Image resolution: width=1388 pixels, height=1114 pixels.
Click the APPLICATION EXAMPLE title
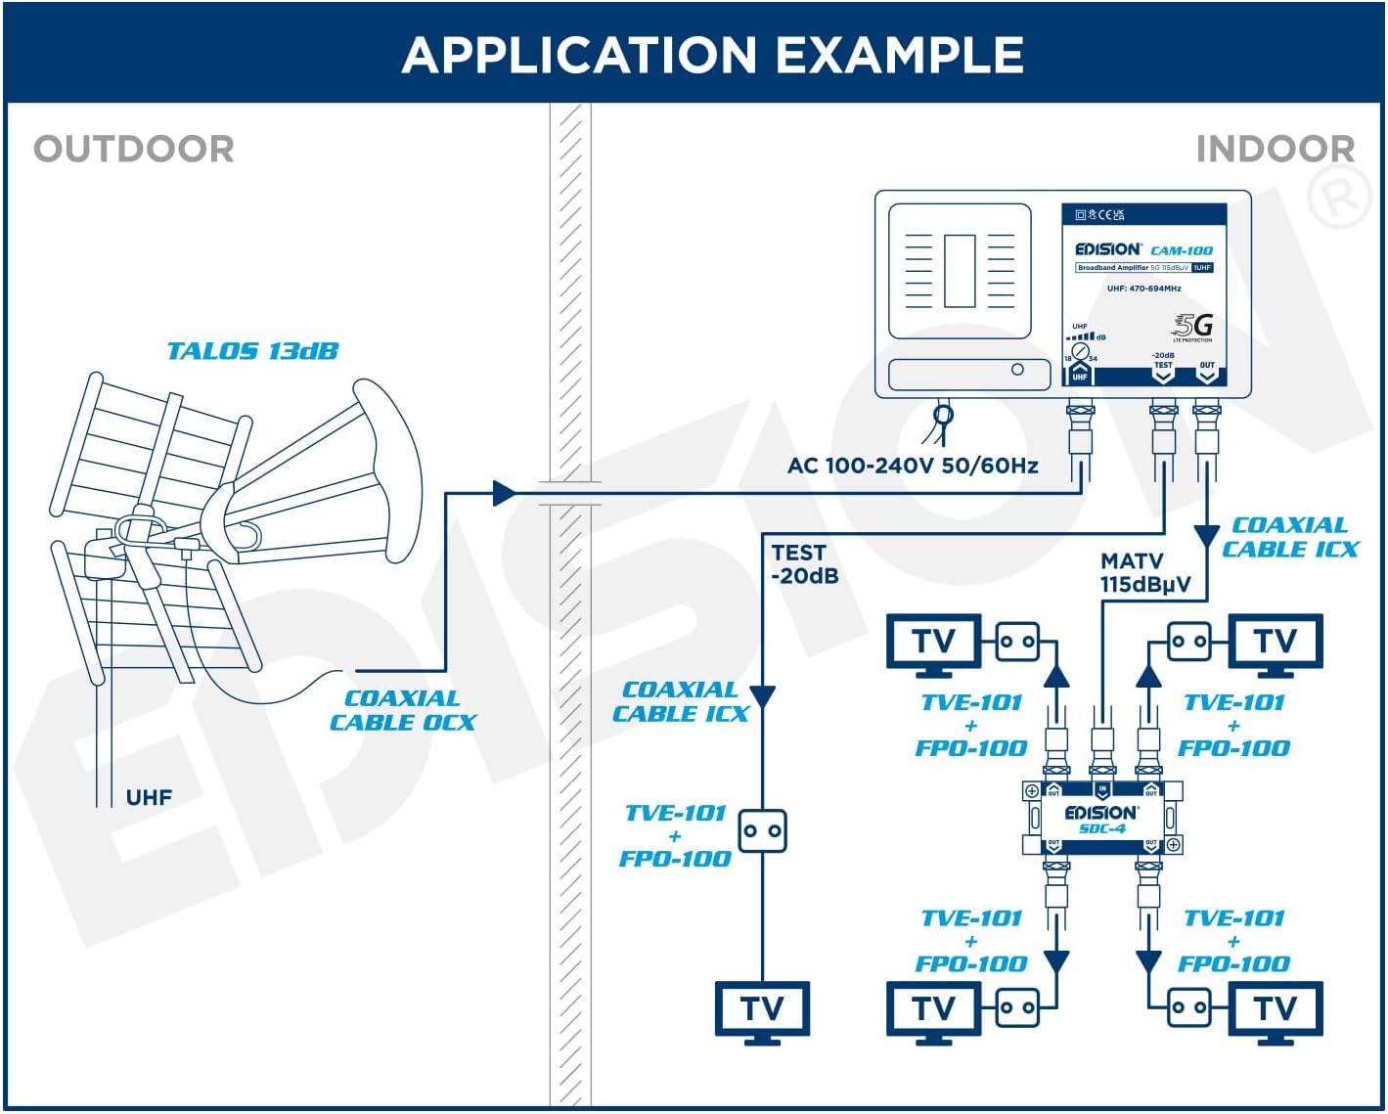coord(712,55)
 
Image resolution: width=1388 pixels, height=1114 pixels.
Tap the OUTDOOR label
coord(134,150)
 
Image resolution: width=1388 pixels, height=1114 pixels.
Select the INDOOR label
coord(1275,150)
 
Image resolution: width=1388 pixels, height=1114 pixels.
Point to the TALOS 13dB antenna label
coord(252,351)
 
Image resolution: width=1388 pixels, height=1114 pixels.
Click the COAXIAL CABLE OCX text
coord(402,710)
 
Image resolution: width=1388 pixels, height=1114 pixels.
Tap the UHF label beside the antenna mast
coord(149,797)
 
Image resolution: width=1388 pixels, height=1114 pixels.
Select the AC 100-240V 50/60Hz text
coord(912,466)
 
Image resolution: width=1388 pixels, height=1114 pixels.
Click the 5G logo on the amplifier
coord(1193,326)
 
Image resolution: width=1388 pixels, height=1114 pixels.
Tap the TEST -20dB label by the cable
coord(804,564)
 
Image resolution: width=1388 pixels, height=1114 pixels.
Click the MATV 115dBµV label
coord(1144,572)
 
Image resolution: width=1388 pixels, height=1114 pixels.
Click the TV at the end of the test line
coord(762,1010)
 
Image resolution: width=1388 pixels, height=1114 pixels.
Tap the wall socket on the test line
coord(762,831)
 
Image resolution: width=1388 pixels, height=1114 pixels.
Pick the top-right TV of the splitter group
coord(1275,644)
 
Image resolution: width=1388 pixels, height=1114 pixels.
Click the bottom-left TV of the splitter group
coord(933,1010)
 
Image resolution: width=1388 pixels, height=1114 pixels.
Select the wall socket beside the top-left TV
coord(1017,643)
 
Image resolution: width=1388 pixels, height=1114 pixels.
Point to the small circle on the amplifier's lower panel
coord(1017,370)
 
